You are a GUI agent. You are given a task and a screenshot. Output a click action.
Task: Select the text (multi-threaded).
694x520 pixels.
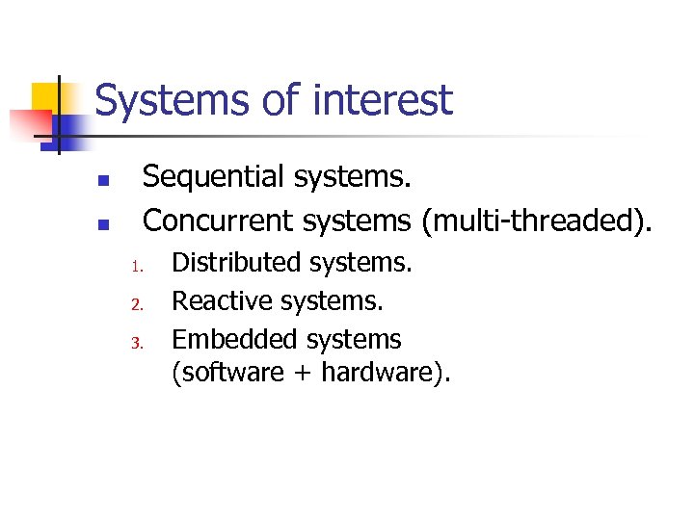[537, 221]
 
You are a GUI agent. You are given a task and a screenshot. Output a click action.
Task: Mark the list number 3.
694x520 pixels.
[138, 343]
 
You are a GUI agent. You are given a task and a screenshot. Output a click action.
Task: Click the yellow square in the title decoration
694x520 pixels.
[45, 96]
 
